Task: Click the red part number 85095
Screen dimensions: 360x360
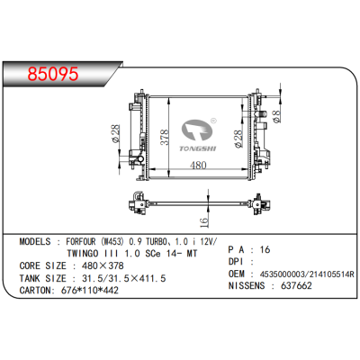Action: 53,74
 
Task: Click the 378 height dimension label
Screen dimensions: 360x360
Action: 165,138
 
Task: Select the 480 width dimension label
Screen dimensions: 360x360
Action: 198,165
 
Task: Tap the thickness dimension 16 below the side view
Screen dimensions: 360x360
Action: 203,221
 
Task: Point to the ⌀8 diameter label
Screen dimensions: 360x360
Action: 276,116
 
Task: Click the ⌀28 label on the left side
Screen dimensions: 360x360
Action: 115,134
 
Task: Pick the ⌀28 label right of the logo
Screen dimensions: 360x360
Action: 238,139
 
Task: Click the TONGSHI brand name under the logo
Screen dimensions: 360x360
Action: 198,148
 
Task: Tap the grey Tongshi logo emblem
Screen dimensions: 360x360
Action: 197,130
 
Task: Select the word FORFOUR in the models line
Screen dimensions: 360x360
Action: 81,241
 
